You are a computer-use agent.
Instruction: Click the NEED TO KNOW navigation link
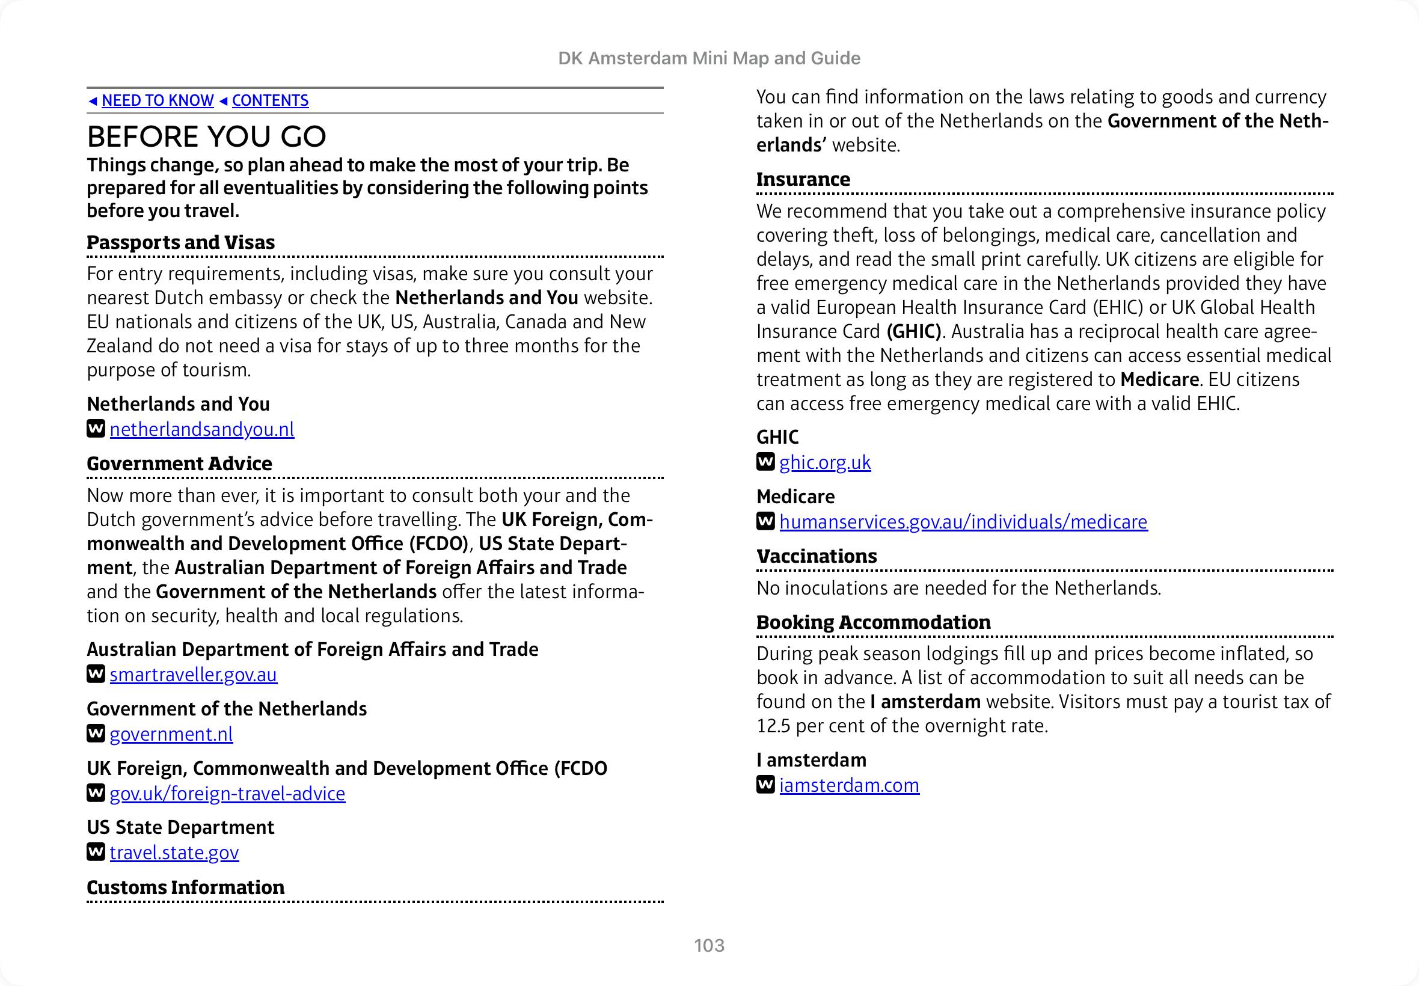158,100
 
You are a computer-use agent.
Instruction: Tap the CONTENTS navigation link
270,100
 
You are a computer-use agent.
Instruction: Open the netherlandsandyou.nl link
202,429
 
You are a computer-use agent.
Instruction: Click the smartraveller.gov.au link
194,675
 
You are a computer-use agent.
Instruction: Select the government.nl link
171,734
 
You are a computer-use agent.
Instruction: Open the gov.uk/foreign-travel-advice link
227,793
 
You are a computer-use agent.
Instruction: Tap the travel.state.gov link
174,853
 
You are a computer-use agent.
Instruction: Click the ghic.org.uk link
825,462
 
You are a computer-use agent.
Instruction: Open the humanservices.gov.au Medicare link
963,522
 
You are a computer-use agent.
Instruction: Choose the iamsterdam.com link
849,785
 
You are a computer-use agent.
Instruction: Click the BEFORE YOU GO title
206,136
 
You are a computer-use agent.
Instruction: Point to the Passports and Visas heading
180,242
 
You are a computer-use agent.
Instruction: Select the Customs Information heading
185,887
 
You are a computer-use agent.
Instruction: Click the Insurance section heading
803,179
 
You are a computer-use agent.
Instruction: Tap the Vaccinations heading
816,556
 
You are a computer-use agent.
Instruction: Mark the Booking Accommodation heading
873,622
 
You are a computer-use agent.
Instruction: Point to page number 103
709,945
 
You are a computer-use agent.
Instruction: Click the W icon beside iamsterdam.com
765,785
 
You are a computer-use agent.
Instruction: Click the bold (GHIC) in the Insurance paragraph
914,332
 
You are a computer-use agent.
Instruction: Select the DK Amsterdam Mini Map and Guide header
709,58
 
